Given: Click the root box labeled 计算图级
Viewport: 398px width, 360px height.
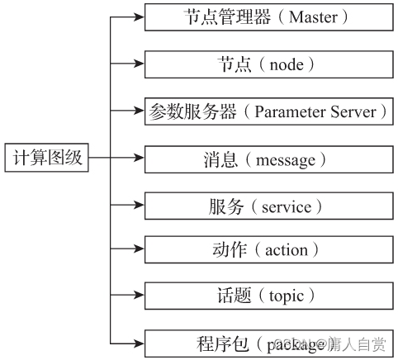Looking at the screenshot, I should tap(45, 158).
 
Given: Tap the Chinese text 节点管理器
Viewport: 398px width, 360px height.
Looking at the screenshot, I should tap(218, 17).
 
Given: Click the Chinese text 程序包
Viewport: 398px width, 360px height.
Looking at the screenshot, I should tap(223, 342).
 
